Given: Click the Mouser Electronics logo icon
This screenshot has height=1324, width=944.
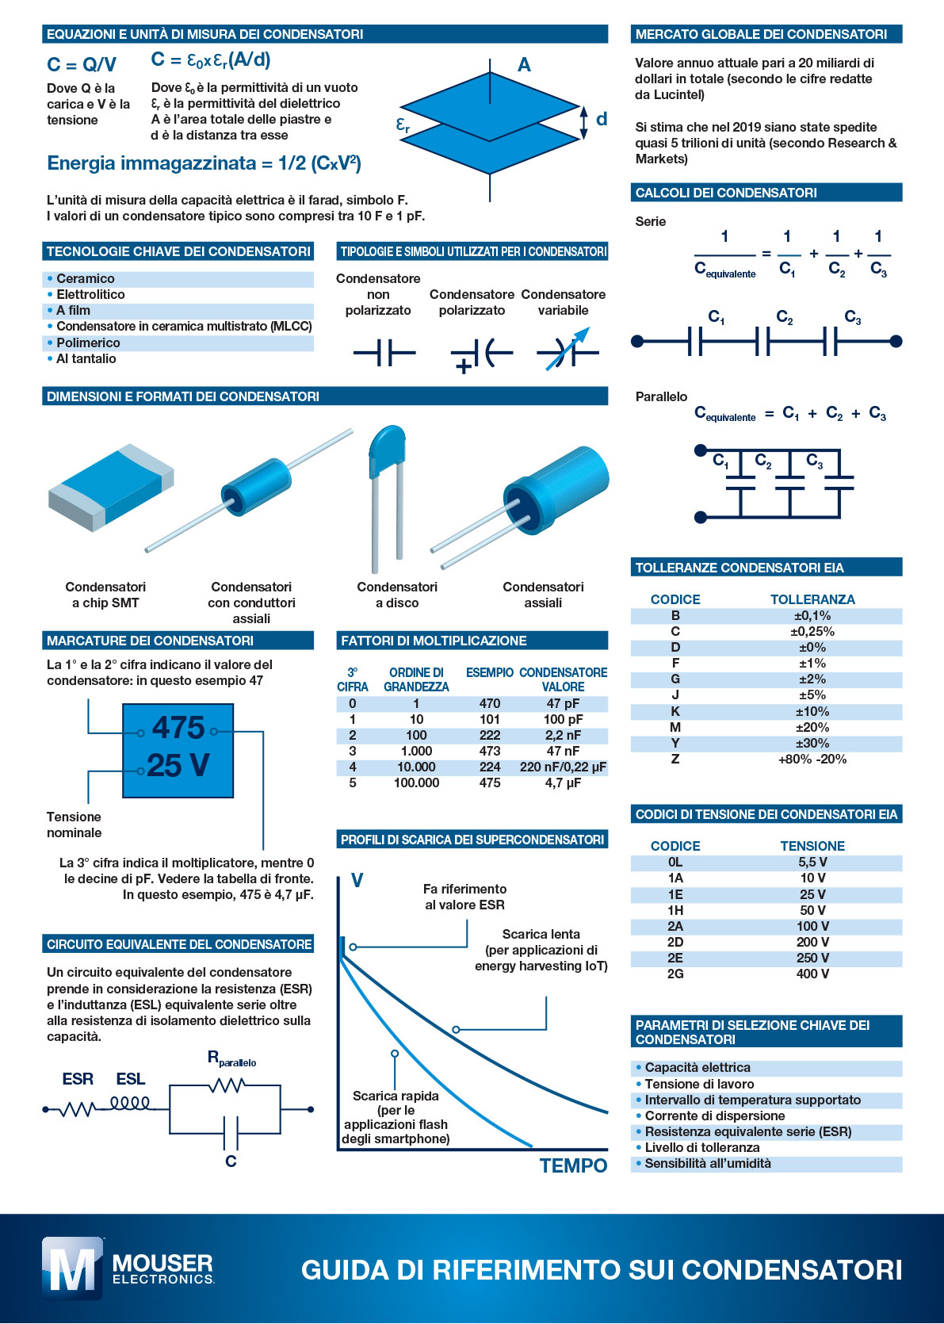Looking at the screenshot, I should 72,1268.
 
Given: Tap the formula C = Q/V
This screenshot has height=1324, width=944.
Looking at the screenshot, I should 82,64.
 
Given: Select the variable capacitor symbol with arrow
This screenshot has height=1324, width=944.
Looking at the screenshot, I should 566,351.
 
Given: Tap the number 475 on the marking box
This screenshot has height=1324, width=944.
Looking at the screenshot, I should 178,728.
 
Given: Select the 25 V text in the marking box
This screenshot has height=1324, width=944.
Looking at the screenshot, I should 178,765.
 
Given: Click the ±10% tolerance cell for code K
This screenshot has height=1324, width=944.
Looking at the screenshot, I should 812,711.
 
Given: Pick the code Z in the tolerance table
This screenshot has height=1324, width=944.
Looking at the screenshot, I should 675,759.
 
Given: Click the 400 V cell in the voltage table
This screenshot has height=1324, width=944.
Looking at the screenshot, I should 812,974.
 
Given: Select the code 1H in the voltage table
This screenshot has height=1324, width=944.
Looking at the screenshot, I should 675,910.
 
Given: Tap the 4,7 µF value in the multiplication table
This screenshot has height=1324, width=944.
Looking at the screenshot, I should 563,783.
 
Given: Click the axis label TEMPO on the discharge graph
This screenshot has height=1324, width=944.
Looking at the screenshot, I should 573,1165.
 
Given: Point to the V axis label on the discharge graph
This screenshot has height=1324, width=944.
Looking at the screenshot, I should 357,880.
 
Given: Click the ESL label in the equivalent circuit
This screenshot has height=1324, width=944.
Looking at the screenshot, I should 131,1079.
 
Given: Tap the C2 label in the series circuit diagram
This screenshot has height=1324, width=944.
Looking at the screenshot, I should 785,317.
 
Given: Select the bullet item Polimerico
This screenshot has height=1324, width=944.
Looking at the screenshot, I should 88,342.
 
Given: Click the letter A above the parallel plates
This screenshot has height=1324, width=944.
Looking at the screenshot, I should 524,65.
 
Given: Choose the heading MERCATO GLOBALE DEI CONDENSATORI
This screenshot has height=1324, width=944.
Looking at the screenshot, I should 761,34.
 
